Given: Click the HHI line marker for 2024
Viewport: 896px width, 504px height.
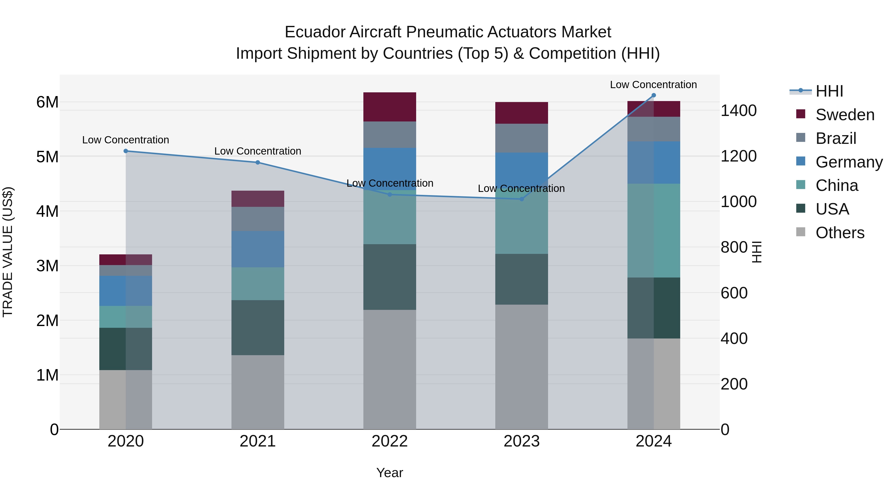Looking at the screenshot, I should [654, 95].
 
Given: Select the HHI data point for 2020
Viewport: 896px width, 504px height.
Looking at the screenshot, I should [126, 151].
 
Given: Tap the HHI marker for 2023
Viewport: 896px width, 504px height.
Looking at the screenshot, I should [521, 199].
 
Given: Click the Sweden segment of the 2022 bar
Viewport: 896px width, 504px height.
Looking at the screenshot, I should [390, 107].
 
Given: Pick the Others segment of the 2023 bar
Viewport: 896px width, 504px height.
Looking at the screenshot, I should [521, 367].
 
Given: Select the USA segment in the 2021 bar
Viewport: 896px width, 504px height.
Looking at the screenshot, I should [258, 327].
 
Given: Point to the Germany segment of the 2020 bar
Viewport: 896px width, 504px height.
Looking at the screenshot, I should [126, 291].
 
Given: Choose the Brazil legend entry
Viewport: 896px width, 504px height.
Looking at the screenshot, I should [836, 138].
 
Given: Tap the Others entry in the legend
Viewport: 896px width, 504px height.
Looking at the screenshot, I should [840, 233].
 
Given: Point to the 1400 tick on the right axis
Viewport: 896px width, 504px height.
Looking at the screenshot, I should [738, 111].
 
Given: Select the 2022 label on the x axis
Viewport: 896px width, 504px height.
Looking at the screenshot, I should [390, 441].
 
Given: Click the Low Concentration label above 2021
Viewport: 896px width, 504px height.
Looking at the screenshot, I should [258, 151].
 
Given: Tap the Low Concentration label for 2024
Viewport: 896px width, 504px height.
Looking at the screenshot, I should [653, 85].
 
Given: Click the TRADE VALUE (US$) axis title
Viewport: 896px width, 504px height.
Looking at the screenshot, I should [8, 252].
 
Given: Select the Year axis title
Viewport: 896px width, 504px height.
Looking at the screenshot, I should [390, 473].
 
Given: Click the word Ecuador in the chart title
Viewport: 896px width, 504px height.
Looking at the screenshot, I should [315, 32].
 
